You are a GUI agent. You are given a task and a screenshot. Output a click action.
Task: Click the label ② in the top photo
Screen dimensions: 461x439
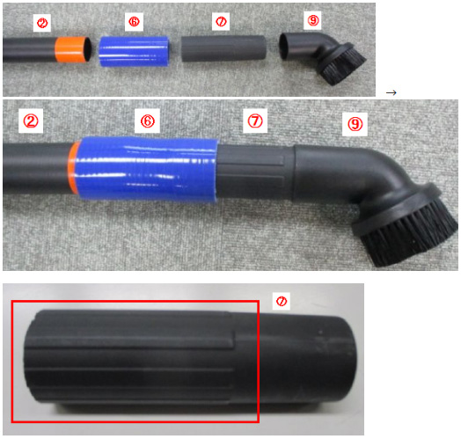42,23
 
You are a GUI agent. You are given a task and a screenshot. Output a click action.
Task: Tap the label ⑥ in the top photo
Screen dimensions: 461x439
134,21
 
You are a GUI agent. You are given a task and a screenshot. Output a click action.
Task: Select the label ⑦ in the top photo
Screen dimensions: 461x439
221,21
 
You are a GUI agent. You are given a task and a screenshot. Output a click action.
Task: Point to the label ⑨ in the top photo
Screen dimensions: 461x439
312,20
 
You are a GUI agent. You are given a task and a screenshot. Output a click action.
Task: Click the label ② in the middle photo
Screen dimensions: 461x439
31,121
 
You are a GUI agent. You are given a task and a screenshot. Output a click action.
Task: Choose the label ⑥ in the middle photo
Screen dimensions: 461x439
147,121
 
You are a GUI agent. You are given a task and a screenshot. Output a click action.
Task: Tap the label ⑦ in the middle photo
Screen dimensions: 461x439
255,121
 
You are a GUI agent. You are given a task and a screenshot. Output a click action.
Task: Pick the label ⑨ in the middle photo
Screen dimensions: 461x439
355,124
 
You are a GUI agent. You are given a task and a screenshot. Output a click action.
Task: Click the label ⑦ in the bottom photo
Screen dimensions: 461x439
282,301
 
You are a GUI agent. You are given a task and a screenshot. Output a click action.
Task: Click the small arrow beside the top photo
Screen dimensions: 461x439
391,92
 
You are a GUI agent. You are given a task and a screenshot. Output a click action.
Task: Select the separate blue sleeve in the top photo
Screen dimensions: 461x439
134,51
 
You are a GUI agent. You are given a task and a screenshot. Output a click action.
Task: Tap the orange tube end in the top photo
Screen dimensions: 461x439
73,49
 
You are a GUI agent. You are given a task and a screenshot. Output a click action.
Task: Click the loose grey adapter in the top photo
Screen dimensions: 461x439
223,48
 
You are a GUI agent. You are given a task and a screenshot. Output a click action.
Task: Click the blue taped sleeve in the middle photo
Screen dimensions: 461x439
145,169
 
